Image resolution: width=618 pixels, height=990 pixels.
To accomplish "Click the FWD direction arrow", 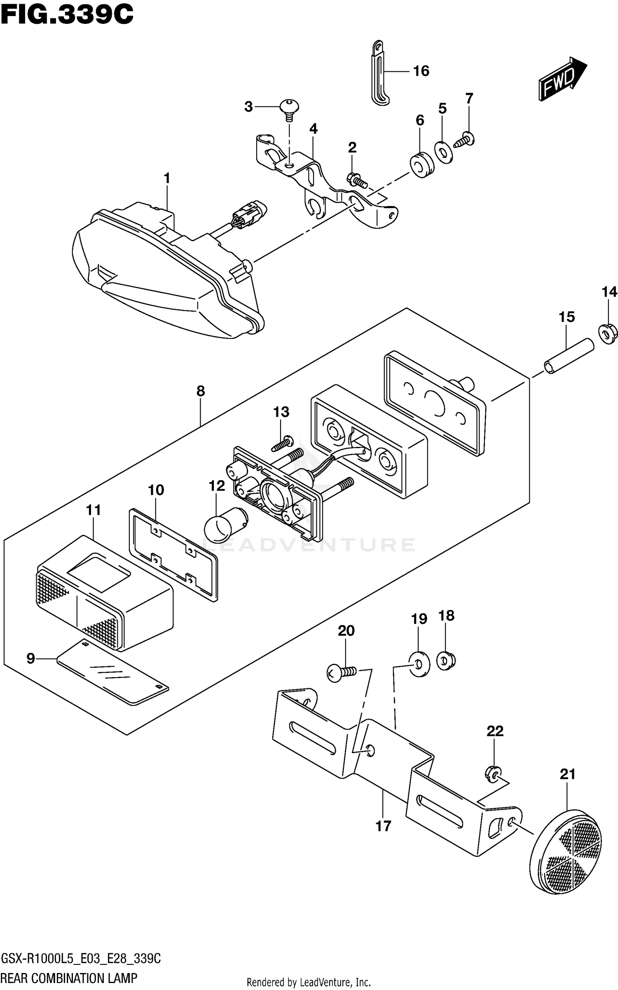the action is pyautogui.click(x=562, y=79).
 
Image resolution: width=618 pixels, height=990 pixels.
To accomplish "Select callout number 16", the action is pyautogui.click(x=421, y=71).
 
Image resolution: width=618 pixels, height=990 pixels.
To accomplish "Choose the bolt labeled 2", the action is pyautogui.click(x=357, y=180).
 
